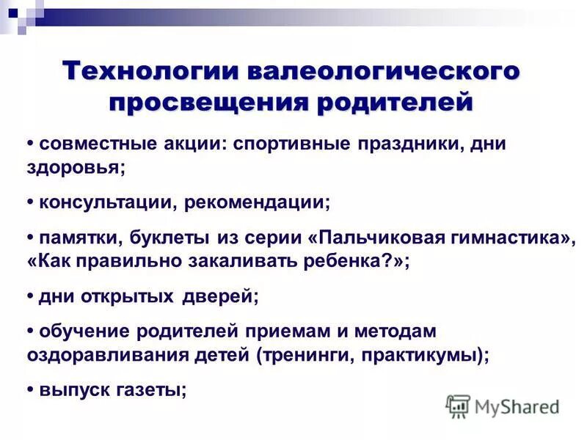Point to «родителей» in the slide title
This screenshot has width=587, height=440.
click(395, 101)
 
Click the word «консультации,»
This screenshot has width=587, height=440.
click(105, 202)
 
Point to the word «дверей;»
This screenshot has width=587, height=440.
click(221, 297)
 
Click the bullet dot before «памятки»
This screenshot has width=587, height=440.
click(30, 238)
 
